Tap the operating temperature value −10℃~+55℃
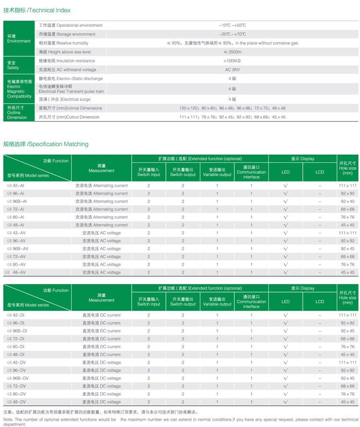232,25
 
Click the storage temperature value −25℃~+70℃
232,34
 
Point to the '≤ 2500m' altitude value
232,52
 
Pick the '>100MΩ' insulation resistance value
232,61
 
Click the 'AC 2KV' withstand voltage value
232,70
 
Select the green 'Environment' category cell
19,38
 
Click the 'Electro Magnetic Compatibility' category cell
19,89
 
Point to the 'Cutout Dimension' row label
69,117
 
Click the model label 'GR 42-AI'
17,185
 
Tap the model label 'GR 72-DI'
17,339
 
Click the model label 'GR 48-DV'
17,402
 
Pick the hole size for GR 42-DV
348,362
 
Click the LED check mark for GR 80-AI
286,217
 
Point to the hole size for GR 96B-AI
348,201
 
